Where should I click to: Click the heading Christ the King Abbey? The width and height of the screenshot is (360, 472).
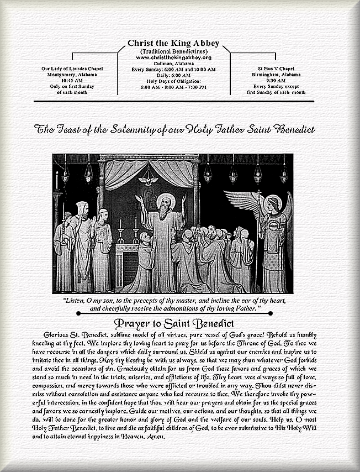(x=173, y=43)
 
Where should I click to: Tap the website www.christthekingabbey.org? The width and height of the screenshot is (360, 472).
(x=173, y=57)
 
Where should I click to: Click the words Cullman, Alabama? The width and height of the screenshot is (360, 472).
(x=173, y=64)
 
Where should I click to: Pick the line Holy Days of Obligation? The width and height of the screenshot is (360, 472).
(x=173, y=81)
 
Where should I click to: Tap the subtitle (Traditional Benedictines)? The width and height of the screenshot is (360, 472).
(x=173, y=51)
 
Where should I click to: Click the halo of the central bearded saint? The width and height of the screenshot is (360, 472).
(x=166, y=200)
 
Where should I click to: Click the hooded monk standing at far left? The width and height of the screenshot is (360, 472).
(x=81, y=243)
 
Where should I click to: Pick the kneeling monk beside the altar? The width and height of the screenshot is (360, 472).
(x=145, y=260)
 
